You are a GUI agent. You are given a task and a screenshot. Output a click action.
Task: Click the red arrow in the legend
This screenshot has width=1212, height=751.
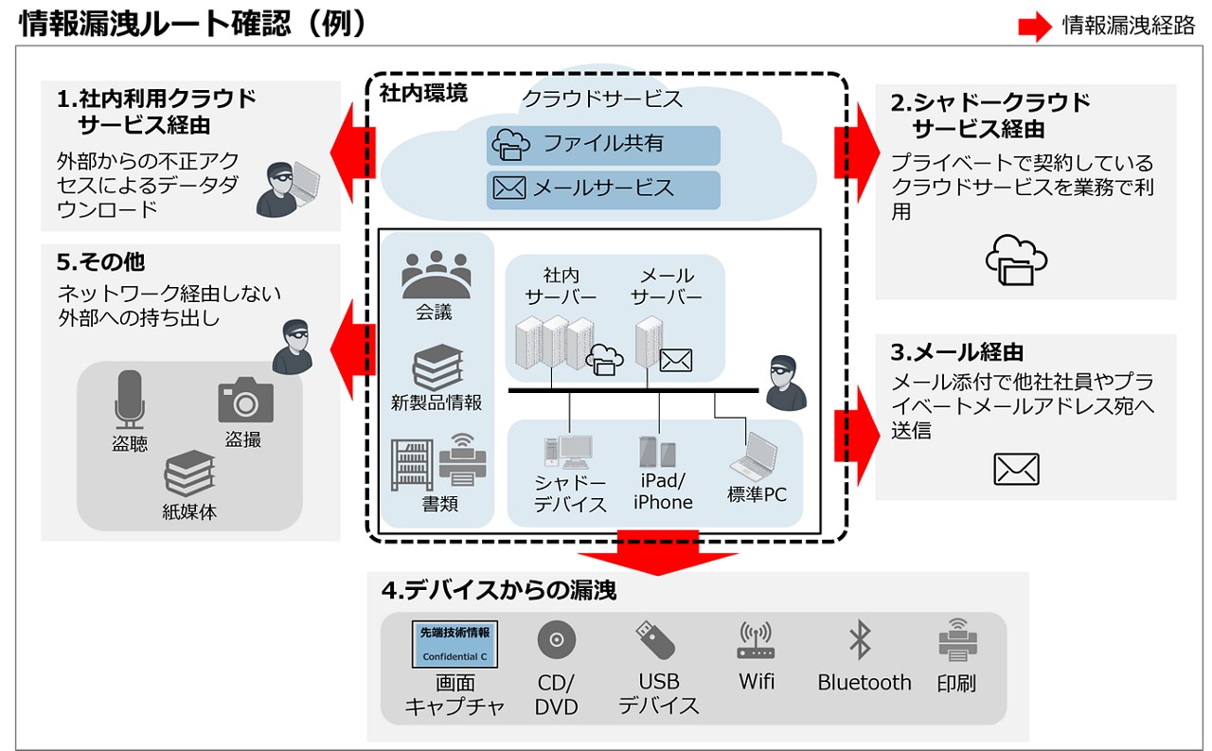(1034, 27)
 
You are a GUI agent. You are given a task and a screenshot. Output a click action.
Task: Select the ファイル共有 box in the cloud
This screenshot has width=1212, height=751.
(603, 145)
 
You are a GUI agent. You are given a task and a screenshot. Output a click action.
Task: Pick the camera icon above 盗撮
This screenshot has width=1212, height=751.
(245, 401)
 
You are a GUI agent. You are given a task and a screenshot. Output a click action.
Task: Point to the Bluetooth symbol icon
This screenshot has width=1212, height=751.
(860, 640)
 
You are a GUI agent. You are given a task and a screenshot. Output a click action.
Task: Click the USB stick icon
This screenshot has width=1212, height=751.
(655, 640)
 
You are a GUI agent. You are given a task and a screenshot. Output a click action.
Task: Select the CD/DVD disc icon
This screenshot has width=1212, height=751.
(556, 641)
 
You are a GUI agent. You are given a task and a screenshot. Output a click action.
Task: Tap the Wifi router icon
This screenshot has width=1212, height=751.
(756, 641)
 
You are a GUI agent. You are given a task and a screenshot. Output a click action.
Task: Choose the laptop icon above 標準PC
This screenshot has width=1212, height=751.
(756, 456)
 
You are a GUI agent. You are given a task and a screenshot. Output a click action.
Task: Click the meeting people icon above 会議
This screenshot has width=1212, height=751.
(435, 276)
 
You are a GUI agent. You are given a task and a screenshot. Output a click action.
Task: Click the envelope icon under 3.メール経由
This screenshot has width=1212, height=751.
(1016, 469)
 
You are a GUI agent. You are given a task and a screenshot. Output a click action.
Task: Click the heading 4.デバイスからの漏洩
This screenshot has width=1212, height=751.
(499, 590)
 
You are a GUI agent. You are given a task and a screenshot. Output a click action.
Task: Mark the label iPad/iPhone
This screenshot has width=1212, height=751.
(663, 492)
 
